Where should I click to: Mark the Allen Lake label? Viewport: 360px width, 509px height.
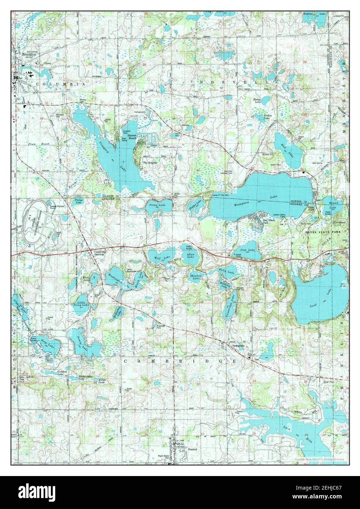coord(191,256)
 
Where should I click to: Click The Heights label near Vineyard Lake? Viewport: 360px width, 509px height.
coord(150,163)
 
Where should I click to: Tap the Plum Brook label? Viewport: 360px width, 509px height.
coord(38,144)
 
